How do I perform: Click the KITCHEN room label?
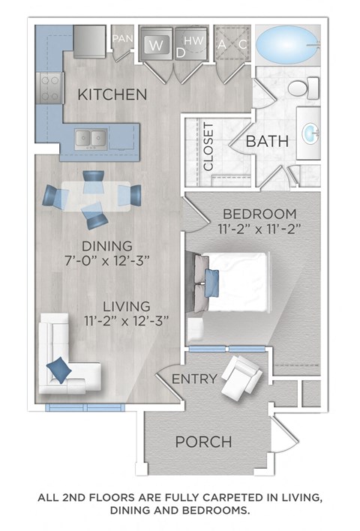pyautogui.click(x=112, y=95)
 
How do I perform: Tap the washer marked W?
pyautogui.click(x=156, y=44)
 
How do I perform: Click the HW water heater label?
pyautogui.click(x=193, y=40)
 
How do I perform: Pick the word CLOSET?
pyautogui.click(x=208, y=145)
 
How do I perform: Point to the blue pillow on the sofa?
pyautogui.click(x=58, y=368)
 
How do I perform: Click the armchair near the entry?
pyautogui.click(x=239, y=379)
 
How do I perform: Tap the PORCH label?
pyautogui.click(x=203, y=442)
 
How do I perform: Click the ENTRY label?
pyautogui.click(x=194, y=379)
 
